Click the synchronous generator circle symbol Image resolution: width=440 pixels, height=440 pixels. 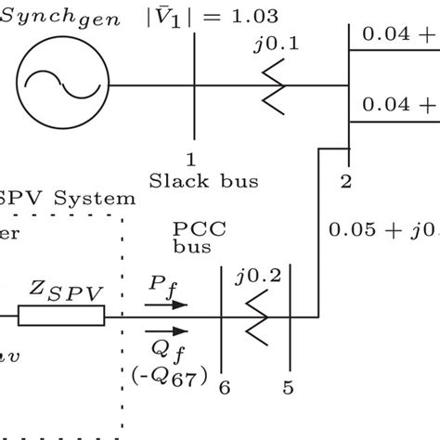coord(60,88)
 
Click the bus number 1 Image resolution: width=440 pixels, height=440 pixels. coord(192,160)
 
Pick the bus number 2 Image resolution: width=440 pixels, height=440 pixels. coord(345,181)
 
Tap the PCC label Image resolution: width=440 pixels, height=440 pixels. coord(192,228)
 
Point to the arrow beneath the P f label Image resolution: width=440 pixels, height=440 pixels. coord(166,304)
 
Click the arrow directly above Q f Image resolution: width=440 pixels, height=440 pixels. coord(166,330)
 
